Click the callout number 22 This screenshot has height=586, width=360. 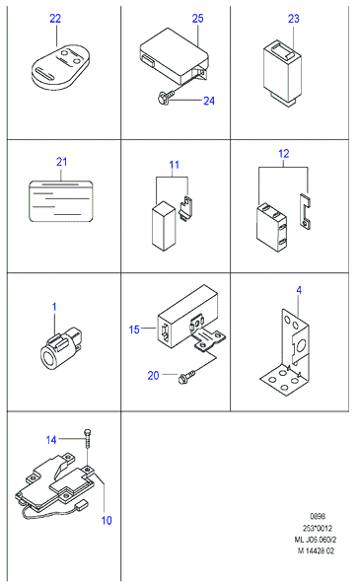55,19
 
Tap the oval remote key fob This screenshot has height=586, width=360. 60,67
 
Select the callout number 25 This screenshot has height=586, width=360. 197,18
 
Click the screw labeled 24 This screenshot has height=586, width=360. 168,97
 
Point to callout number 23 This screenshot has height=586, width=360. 294,19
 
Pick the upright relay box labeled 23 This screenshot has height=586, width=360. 282,74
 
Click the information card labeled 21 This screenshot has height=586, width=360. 60,201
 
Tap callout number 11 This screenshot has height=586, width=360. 174,165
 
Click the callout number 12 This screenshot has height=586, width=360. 284,153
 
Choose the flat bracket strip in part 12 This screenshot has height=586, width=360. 305,211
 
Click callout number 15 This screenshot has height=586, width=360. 134,330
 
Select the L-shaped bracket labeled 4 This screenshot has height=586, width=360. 285,354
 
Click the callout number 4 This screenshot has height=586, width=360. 299,290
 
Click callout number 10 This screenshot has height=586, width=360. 107,520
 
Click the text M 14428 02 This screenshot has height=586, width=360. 316,550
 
